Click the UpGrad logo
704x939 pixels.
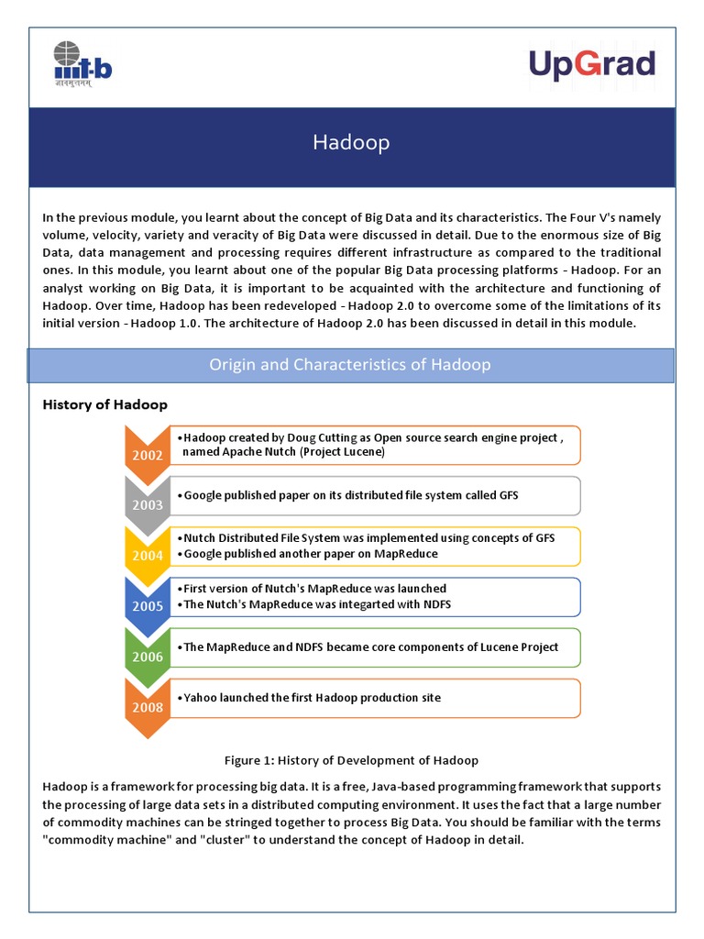591,65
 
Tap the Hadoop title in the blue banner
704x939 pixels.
351,142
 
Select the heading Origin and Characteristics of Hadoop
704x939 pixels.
351,365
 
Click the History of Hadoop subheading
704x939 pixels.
105,404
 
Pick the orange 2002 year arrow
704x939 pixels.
148,452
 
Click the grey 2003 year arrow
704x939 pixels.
148,503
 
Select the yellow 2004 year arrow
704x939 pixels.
148,553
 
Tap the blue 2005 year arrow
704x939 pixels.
148,603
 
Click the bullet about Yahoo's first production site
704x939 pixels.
312,698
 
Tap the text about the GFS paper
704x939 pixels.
351,495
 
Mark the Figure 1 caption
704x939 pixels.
351,760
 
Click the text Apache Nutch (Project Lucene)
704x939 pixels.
283,452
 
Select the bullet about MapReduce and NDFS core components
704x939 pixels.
370,647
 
